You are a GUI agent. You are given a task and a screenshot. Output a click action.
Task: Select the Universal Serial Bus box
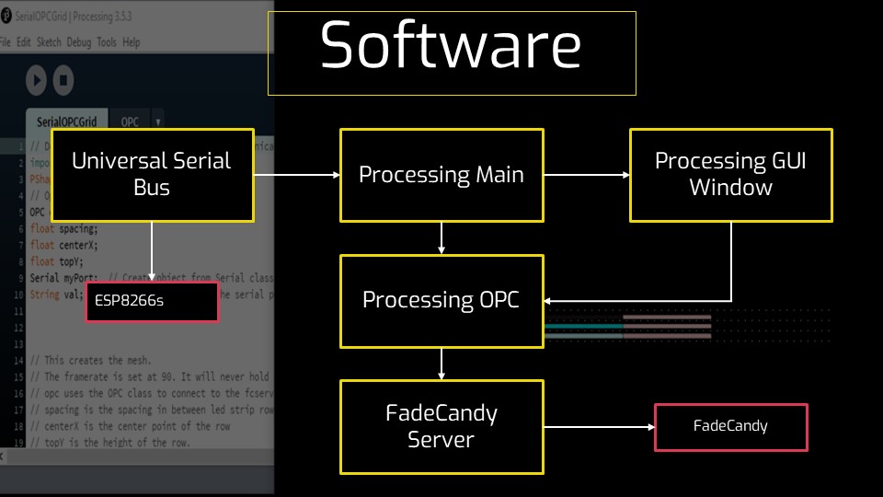coord(152,175)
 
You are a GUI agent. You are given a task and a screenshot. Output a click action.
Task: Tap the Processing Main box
coord(441,175)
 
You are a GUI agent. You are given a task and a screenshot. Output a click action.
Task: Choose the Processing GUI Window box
coord(731,175)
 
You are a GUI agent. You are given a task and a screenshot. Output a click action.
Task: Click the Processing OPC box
coord(441,301)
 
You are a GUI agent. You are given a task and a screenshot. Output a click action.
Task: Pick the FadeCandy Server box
coord(441,426)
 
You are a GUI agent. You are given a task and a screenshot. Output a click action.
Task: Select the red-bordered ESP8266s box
coord(152,301)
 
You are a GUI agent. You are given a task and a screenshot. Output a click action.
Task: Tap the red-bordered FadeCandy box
coord(731,426)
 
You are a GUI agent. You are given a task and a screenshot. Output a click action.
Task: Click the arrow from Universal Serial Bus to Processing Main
coord(296,175)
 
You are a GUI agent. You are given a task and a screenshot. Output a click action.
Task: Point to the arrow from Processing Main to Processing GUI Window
coord(586,175)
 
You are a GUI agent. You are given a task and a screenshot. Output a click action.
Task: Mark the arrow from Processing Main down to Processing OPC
coord(442,238)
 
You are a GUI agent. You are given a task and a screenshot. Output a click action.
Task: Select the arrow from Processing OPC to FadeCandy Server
coord(442,364)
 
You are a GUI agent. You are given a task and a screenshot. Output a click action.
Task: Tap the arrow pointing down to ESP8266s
coord(152,252)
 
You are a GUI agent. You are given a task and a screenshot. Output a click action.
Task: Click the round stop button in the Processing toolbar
coord(63,80)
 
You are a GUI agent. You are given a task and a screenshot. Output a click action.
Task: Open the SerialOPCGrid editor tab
coord(66,121)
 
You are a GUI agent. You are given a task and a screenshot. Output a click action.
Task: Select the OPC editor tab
coord(130,121)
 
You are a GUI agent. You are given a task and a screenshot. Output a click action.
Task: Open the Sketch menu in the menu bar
coord(49,42)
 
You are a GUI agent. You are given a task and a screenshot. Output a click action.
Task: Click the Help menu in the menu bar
coord(132,42)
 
